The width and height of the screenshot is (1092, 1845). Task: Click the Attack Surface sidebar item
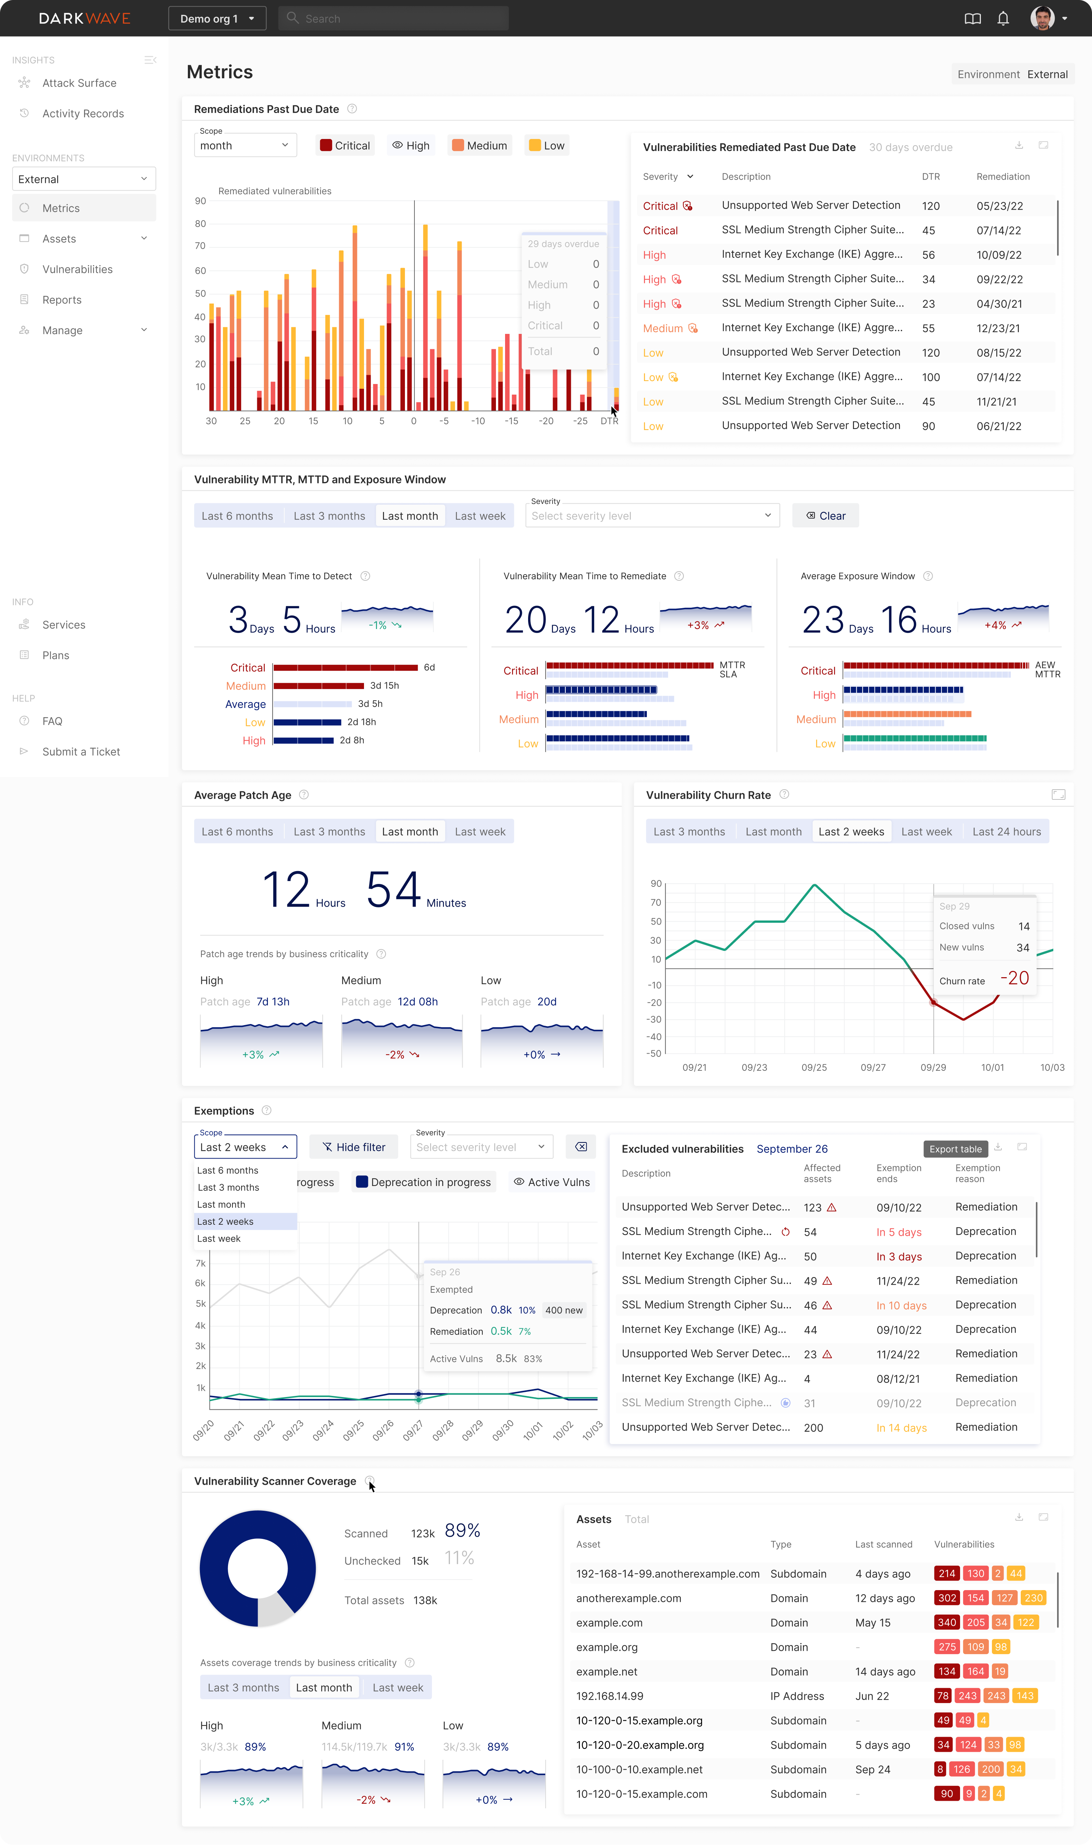click(x=79, y=83)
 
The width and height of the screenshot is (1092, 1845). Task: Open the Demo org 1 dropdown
click(x=217, y=18)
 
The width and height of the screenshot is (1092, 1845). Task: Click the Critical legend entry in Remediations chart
click(x=345, y=146)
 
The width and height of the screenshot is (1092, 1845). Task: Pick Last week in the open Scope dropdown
click(x=219, y=1239)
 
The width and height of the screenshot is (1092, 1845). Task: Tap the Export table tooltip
click(x=955, y=1149)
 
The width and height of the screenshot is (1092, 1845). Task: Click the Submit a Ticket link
click(x=81, y=752)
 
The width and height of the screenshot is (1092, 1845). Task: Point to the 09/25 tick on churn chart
click(x=814, y=1068)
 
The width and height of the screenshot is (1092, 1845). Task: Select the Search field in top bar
click(x=394, y=18)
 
